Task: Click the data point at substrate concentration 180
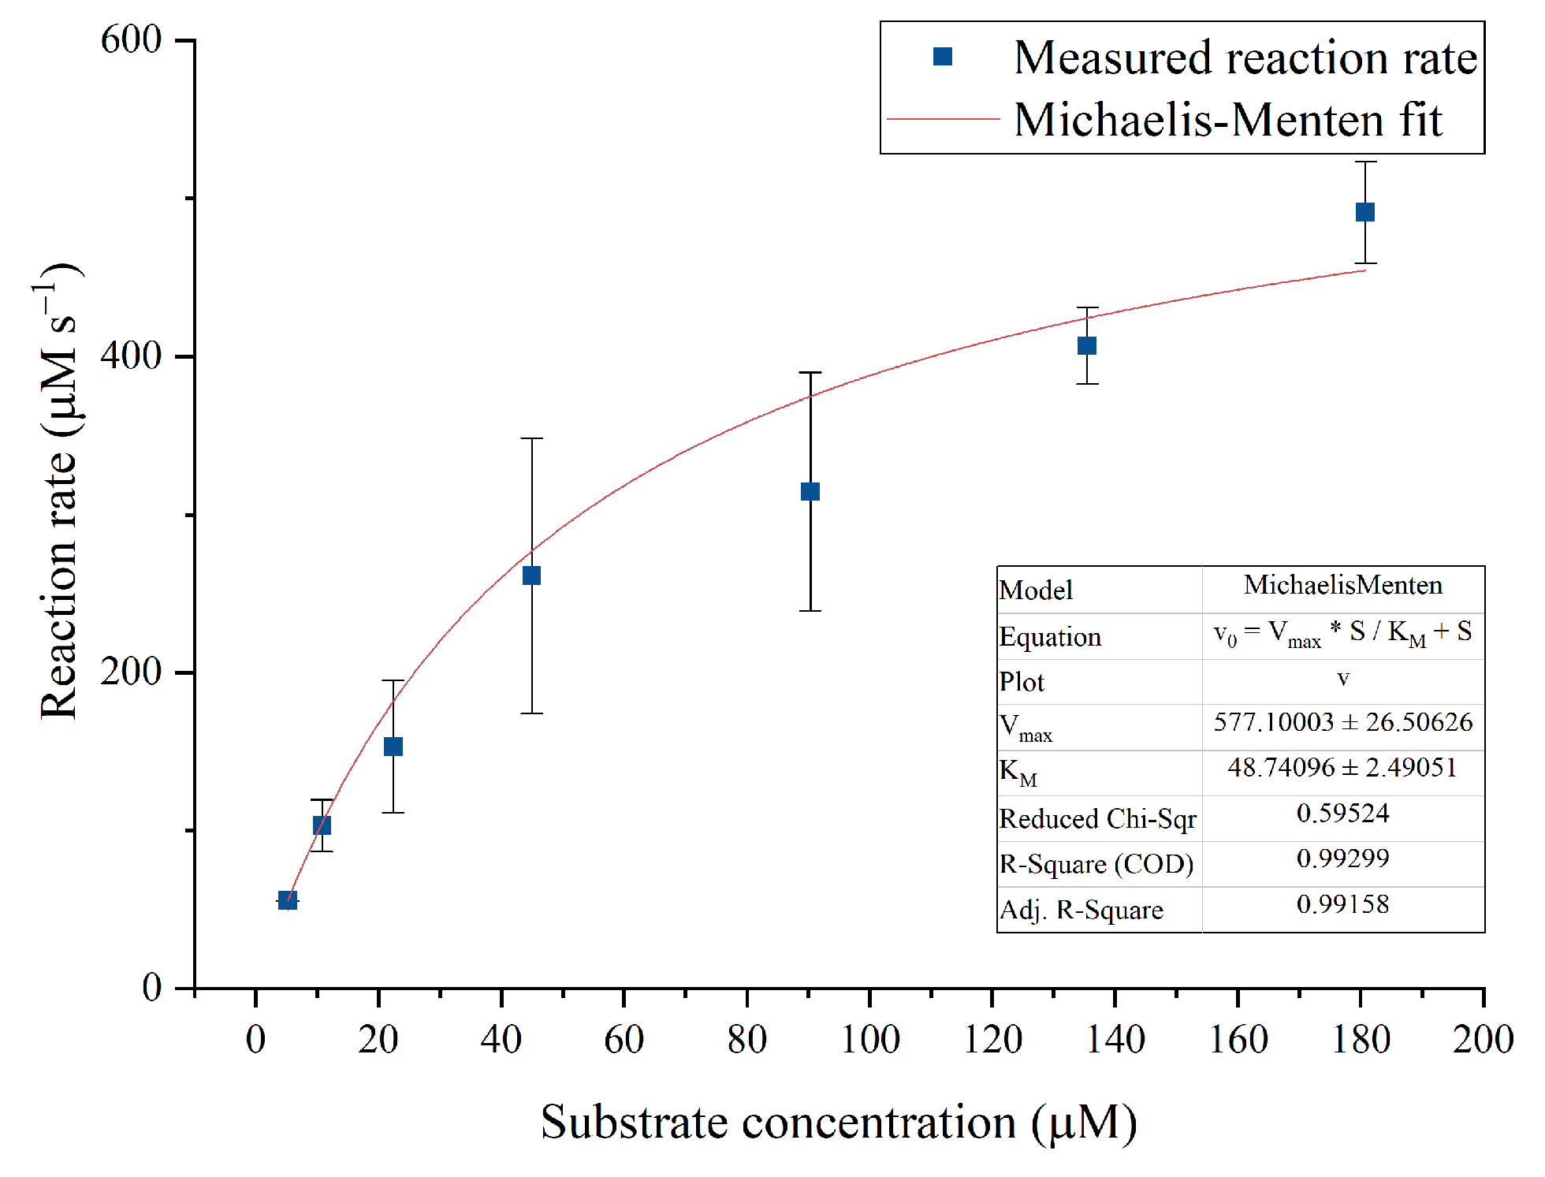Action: [1364, 212]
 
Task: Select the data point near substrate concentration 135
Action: [1087, 345]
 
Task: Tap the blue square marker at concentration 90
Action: [810, 491]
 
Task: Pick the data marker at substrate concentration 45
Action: [531, 575]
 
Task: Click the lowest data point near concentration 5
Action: [287, 900]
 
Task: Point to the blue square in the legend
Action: [942, 57]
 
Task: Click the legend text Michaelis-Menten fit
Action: [1227, 121]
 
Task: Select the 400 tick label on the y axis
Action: [131, 356]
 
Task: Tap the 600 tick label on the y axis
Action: [131, 39]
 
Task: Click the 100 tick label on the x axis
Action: [869, 1039]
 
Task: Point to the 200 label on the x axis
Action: [1482, 1039]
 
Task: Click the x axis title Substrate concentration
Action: [838, 1122]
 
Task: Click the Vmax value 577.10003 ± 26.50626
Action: [1342, 722]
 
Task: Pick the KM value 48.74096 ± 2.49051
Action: [1342, 767]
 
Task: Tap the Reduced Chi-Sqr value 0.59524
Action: [1342, 813]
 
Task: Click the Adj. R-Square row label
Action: [1081, 911]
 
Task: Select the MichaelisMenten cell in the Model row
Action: [1342, 585]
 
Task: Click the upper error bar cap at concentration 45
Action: [531, 438]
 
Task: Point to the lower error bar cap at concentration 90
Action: [810, 611]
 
